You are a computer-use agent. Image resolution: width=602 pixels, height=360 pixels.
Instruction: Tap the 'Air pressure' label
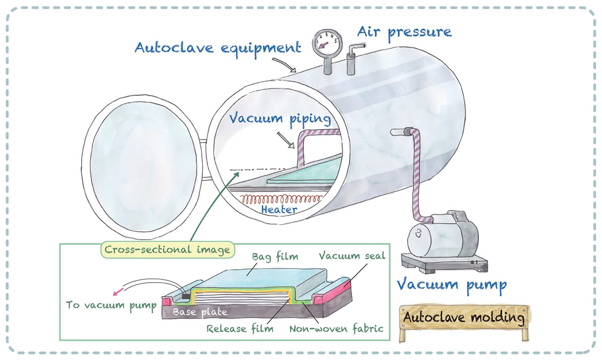pyautogui.click(x=404, y=32)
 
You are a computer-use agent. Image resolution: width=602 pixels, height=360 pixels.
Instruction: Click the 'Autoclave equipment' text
pyautogui.click(x=217, y=48)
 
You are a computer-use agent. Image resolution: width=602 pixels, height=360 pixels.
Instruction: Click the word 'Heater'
pyautogui.click(x=279, y=210)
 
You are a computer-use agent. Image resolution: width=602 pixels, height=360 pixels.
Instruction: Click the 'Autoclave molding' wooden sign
pyautogui.click(x=463, y=318)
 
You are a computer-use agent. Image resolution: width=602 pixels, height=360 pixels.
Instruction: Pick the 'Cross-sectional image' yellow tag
pyautogui.click(x=167, y=249)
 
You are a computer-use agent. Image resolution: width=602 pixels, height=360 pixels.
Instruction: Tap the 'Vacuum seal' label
pyautogui.click(x=352, y=256)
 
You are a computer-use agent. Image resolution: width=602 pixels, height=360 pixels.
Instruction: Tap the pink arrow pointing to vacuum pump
pyautogui.click(x=118, y=292)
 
